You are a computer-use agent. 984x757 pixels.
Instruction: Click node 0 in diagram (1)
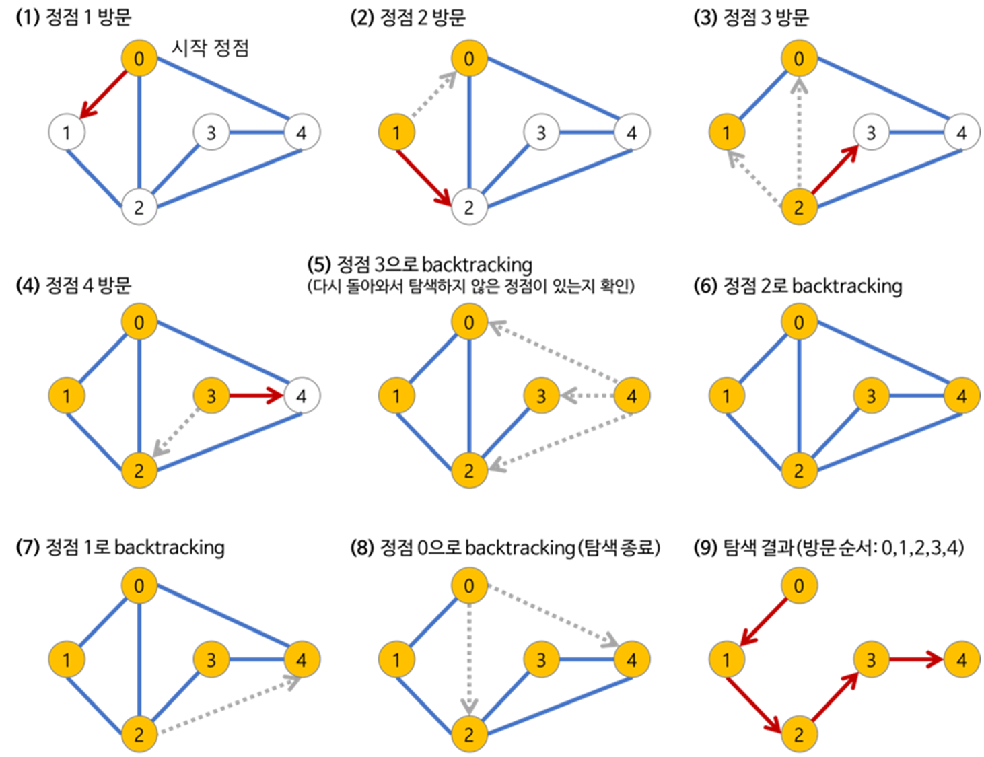point(139,59)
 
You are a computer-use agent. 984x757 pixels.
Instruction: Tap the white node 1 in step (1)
point(67,132)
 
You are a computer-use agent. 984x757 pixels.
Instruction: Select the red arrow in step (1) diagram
point(104,94)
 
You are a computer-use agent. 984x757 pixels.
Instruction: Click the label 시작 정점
point(210,48)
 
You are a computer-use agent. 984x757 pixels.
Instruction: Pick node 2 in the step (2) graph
point(468,207)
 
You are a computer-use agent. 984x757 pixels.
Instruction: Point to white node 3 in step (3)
point(871,132)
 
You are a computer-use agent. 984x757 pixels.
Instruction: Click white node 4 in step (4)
point(301,396)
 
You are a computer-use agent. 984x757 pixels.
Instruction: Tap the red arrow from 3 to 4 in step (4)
point(256,396)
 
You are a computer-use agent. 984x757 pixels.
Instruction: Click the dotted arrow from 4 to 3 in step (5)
point(587,396)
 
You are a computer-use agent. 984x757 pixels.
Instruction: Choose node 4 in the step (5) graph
point(631,396)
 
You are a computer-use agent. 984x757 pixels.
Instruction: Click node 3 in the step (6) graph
point(871,396)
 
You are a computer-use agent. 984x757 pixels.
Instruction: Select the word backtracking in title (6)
point(847,286)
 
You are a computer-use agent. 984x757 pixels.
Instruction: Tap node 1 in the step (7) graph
point(67,659)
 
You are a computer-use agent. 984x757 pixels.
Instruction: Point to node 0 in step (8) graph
point(468,586)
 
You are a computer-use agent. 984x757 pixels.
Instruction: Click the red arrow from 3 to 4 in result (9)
point(916,659)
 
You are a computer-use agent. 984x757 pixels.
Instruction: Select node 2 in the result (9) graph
point(798,734)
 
